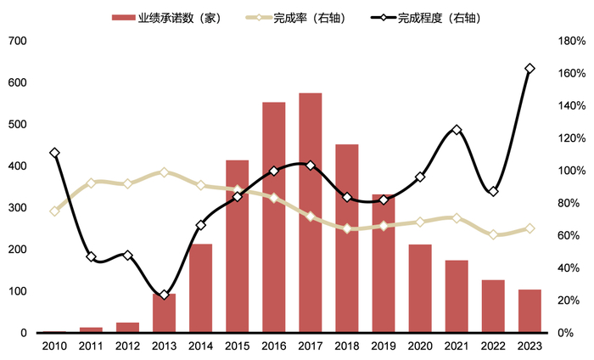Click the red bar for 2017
click(x=311, y=212)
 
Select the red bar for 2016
click(x=273, y=217)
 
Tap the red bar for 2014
click(x=200, y=288)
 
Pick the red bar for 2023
click(x=530, y=311)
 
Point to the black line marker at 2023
click(x=530, y=69)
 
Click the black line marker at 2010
click(x=54, y=153)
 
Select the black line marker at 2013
click(x=164, y=295)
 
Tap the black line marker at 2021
click(x=457, y=130)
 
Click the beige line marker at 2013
click(x=164, y=172)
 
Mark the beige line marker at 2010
click(x=54, y=211)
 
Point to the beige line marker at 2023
click(x=530, y=228)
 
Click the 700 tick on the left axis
click(x=18, y=41)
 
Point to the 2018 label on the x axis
click(x=347, y=346)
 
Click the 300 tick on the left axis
click(x=18, y=208)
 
